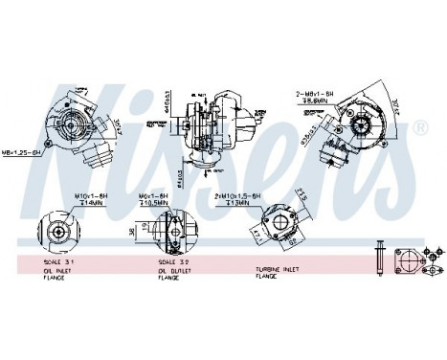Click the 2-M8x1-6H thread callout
316,94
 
